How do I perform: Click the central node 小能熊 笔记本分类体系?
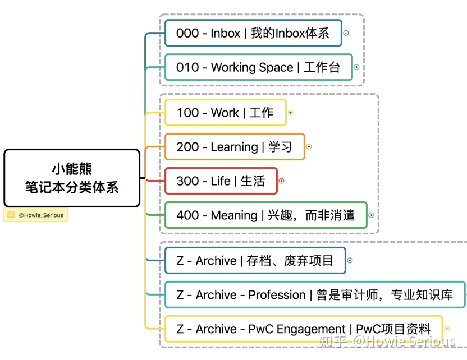click(x=71, y=178)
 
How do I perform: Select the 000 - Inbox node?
click(x=253, y=33)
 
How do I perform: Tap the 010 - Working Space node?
click(x=258, y=67)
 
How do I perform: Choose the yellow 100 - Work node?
click(x=225, y=113)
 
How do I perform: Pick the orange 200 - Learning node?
click(x=234, y=147)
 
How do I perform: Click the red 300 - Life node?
click(x=221, y=181)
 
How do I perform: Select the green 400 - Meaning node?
click(x=265, y=215)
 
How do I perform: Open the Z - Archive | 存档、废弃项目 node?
click(x=255, y=261)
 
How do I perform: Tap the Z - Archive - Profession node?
click(x=314, y=295)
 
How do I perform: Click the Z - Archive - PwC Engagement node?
click(x=303, y=329)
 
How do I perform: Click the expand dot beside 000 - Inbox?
click(x=346, y=33)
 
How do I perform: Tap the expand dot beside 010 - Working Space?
click(x=356, y=67)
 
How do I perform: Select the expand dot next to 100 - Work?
click(x=290, y=113)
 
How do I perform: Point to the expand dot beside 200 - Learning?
click(x=309, y=147)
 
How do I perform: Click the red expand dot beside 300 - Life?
click(x=281, y=181)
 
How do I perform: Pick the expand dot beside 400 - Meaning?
click(x=371, y=215)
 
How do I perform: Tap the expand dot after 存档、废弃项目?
click(x=350, y=261)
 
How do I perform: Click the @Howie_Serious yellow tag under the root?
click(x=35, y=215)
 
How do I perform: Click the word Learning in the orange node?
click(x=234, y=147)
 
